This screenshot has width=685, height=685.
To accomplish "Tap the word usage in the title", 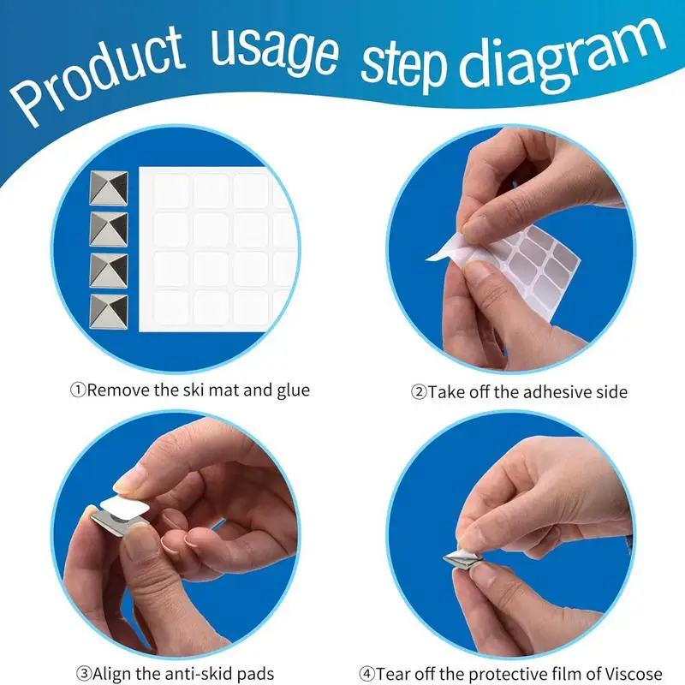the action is pyautogui.click(x=274, y=51).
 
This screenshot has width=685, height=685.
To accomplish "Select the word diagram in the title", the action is pyautogui.click(x=563, y=56).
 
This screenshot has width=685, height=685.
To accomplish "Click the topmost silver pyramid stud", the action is pyautogui.click(x=109, y=188).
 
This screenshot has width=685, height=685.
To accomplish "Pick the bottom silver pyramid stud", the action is pyautogui.click(x=109, y=312).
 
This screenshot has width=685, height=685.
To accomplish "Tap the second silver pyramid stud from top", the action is pyautogui.click(x=109, y=229).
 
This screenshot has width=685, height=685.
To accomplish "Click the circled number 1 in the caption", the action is pyautogui.click(x=78, y=390).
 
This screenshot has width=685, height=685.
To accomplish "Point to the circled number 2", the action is pyautogui.click(x=419, y=392).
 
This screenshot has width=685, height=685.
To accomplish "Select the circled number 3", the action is pyautogui.click(x=84, y=673).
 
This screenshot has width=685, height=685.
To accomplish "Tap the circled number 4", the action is pyautogui.click(x=367, y=673).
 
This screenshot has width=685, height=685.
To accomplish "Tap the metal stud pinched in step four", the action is pyautogui.click(x=462, y=561).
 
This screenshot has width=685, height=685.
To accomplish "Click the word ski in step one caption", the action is pyautogui.click(x=191, y=390).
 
